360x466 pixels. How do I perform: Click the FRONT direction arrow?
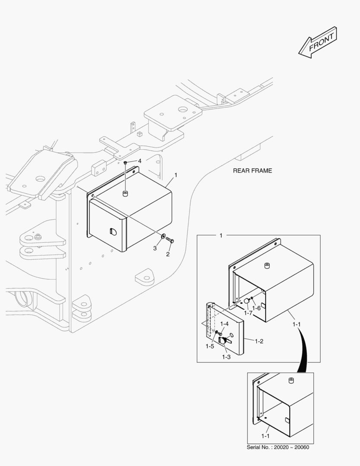318,42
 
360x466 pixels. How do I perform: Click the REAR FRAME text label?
252,170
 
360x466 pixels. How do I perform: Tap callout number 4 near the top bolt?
139,161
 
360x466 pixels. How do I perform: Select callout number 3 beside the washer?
155,248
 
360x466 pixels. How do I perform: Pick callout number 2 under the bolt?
168,254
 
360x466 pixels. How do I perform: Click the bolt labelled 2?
169,240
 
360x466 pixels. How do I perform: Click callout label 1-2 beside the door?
259,341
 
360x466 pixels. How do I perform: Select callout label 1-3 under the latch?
226,357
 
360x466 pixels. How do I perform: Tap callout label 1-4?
224,324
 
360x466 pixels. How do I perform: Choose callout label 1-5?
210,346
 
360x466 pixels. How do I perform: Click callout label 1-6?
257,308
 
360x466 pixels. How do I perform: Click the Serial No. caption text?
278,447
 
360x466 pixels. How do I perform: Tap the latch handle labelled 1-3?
224,340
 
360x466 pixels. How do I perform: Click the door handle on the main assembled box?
113,231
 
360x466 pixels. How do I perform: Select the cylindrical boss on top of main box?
125,193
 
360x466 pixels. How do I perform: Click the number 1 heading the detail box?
221,236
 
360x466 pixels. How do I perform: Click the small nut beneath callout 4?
125,163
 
